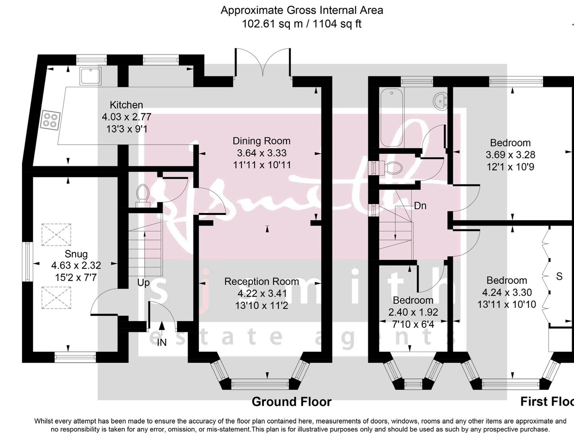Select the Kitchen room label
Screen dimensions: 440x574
click(x=126, y=105)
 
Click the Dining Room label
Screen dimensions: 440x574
click(x=261, y=141)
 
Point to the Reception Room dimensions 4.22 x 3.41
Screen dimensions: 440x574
click(x=262, y=293)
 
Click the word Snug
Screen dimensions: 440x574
click(x=76, y=253)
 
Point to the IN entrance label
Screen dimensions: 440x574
click(x=162, y=342)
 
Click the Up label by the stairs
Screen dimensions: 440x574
click(x=143, y=283)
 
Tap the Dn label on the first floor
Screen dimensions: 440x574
click(x=420, y=206)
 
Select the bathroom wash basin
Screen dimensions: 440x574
click(x=440, y=100)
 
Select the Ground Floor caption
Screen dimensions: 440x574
click(x=291, y=402)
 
